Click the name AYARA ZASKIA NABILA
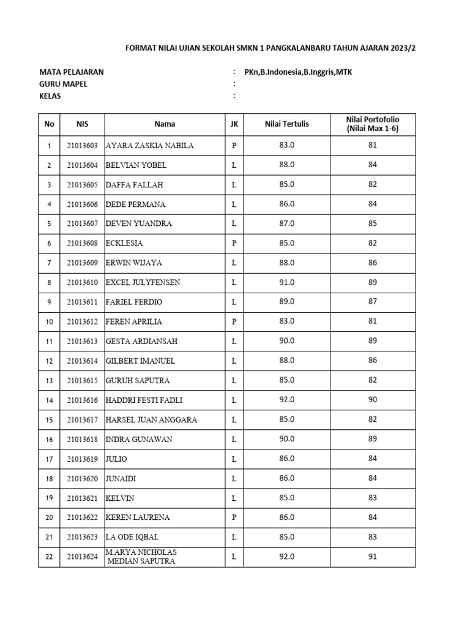coord(149,146)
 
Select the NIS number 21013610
coord(82,282)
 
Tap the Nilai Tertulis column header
coord(286,124)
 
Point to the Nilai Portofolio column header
coord(373,124)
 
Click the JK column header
coord(234,124)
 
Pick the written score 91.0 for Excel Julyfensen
coord(286,282)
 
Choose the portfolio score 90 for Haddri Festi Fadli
coord(373,400)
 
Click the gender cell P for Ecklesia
coord(234,243)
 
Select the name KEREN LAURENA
coord(138,517)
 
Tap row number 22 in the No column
coord(49,557)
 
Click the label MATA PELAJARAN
coord(72,72)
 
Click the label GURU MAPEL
coord(63,84)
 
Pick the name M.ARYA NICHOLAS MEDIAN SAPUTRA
coord(141,557)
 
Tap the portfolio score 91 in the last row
coord(373,557)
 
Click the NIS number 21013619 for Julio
coord(82,459)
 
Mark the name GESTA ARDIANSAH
coord(143,341)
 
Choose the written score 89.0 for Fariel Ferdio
coord(286,302)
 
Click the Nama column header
coord(165,124)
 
